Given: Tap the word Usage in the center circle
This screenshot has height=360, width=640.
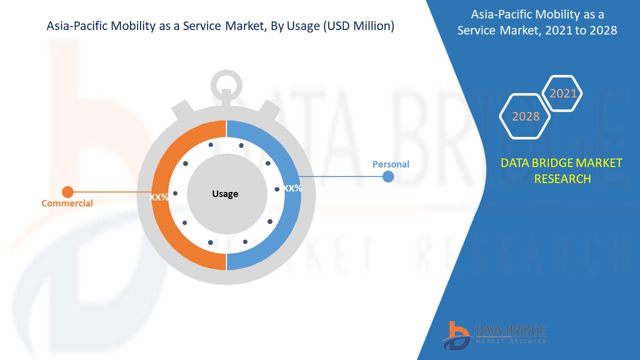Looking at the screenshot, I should coord(225,194).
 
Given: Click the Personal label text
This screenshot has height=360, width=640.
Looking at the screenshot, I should coord(390,164).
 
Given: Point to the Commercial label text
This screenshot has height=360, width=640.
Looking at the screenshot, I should coord(67,203).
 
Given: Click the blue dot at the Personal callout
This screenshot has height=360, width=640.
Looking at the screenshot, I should coord(388,176).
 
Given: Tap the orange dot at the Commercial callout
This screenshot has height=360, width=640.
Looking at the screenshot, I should coord(67,192).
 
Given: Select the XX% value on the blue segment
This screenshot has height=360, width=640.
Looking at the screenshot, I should coord(292,188).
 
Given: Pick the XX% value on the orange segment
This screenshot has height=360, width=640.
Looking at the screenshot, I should coord(159,197).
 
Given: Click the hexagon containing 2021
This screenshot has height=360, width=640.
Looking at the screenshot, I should coord(563,93).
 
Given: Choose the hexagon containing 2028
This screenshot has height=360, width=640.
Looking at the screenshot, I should coord(525,116).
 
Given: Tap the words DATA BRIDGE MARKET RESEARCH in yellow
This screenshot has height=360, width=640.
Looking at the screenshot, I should coord(561,170).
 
